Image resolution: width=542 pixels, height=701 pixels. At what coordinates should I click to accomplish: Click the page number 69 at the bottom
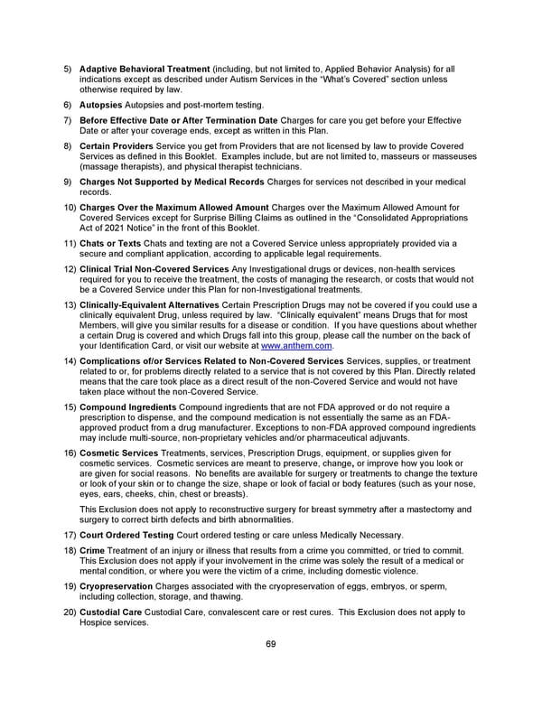pyautogui.click(x=271, y=643)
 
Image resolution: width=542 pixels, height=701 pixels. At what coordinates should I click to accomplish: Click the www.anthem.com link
pyautogui.click(x=300, y=345)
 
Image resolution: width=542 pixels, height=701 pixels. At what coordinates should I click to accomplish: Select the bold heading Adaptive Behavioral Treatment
pyautogui.click(x=145, y=69)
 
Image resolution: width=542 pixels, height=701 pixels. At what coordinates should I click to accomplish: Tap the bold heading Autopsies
pyautogui.click(x=103, y=105)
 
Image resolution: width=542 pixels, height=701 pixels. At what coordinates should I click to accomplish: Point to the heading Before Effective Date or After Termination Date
pyautogui.click(x=179, y=121)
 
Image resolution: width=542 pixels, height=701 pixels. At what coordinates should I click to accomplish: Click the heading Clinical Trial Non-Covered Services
pyautogui.click(x=153, y=268)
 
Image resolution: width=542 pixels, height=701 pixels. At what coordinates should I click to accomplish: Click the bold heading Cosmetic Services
pyautogui.click(x=117, y=453)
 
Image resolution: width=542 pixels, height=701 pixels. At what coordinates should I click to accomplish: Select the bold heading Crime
pyautogui.click(x=92, y=550)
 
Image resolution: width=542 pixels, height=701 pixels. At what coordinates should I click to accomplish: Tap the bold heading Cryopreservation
pyautogui.click(x=116, y=585)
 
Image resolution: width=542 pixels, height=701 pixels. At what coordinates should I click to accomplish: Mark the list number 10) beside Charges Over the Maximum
pyautogui.click(x=69, y=208)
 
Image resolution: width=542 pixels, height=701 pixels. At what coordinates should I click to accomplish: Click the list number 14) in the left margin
pyautogui.click(x=69, y=361)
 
